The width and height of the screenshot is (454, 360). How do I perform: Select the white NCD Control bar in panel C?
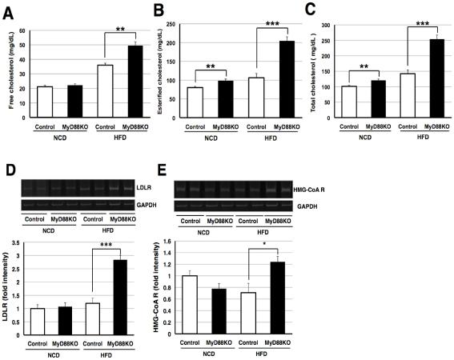click(348, 102)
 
